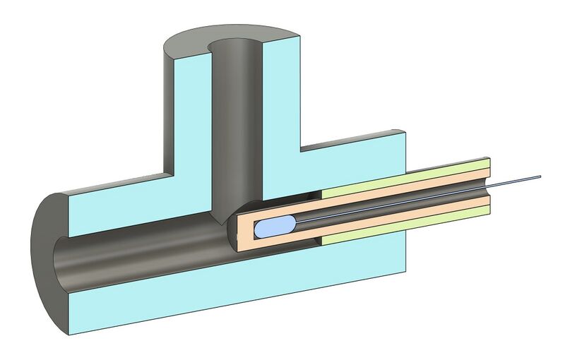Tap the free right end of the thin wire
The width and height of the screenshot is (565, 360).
(x=539, y=176)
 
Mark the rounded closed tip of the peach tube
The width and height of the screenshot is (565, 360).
(x=240, y=229)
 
